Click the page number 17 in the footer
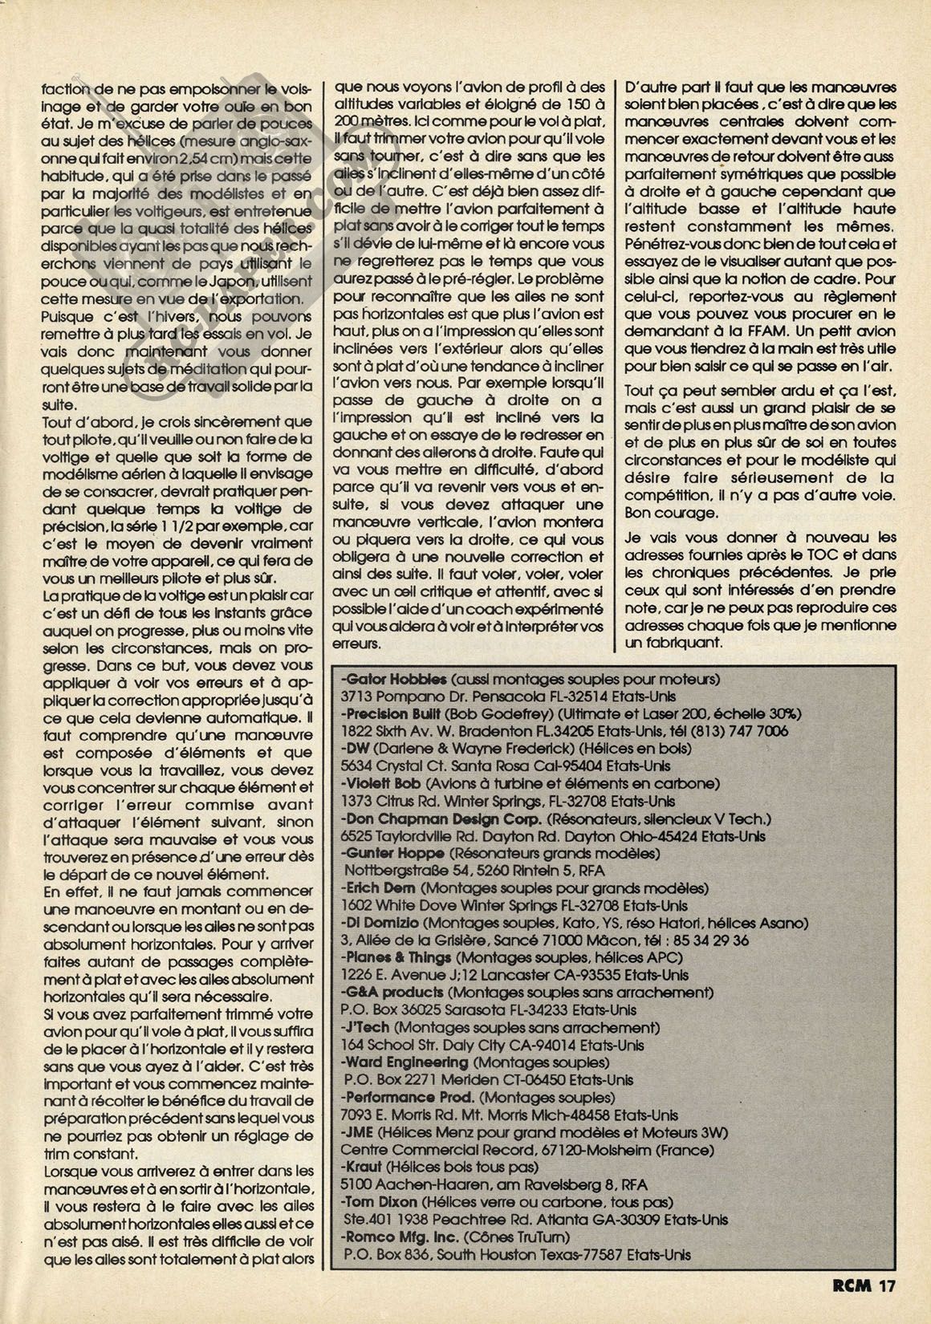point(886,1285)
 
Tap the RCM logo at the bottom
point(853,1285)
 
